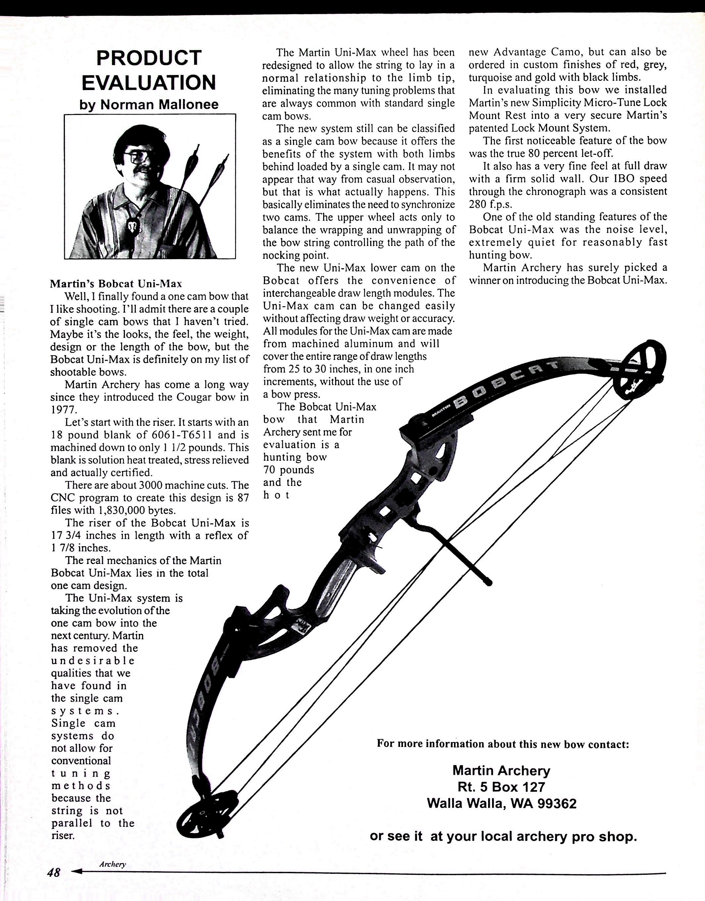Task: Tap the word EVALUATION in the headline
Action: pos(149,82)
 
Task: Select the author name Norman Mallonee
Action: pos(159,104)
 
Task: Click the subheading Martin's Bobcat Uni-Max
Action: pos(116,284)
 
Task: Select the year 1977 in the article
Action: pos(64,410)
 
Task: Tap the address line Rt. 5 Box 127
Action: pos(501,787)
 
